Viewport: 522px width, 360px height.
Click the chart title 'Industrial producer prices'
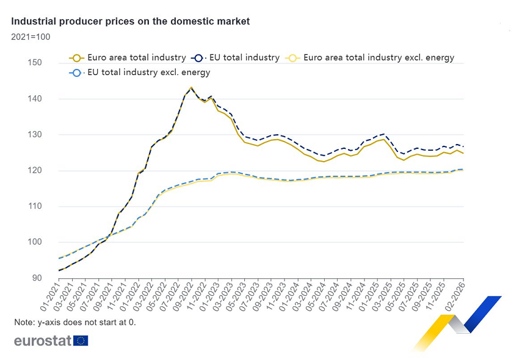point(130,21)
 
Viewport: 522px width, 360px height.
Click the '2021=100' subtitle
point(31,37)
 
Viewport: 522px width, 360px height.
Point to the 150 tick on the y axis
point(34,63)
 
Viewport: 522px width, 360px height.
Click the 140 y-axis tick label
point(34,99)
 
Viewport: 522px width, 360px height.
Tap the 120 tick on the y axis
point(34,170)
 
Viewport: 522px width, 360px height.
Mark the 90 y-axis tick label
point(37,278)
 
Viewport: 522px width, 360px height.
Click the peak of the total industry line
point(191,88)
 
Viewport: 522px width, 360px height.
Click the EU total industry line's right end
point(463,146)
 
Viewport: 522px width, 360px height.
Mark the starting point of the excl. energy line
point(59,258)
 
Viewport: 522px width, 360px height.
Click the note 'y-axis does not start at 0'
point(74,322)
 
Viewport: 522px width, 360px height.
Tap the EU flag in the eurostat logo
point(81,340)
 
